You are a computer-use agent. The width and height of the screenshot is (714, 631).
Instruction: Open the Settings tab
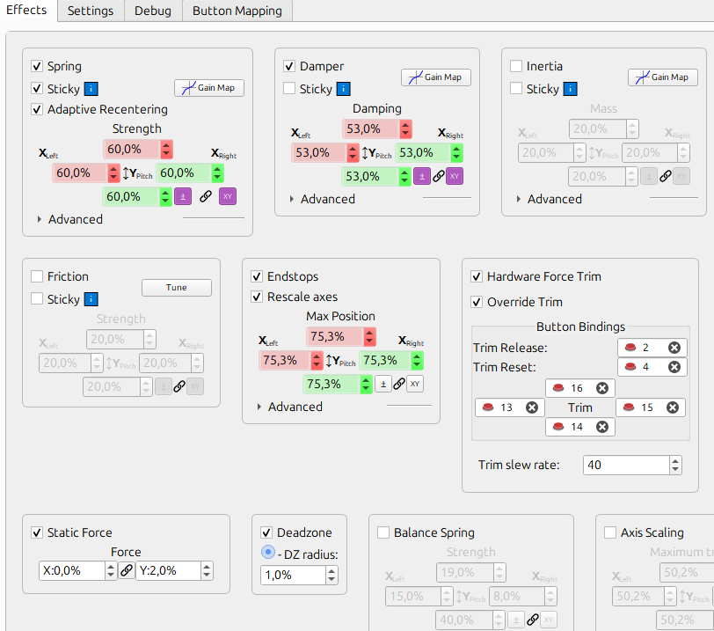point(91,11)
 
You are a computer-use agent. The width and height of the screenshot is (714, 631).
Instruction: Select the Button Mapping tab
point(237,11)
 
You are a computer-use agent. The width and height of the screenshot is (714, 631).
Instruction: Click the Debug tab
point(153,11)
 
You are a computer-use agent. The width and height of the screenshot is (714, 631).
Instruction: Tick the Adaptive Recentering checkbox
point(37,110)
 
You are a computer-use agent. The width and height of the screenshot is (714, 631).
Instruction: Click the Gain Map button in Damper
point(436,77)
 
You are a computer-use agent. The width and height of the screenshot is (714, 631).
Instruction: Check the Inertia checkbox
point(517,66)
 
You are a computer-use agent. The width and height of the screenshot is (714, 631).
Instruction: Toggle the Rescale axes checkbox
point(258,297)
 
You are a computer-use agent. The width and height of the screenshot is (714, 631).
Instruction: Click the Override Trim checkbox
point(477,302)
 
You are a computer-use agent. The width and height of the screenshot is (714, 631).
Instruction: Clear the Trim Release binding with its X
point(674,348)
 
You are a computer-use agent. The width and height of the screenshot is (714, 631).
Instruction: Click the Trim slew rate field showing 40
point(624,465)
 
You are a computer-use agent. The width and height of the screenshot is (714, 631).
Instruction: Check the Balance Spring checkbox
point(383,532)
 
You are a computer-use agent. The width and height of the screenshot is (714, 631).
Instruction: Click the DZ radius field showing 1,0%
point(293,575)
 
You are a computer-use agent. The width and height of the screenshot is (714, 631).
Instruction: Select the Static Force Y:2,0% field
point(167,570)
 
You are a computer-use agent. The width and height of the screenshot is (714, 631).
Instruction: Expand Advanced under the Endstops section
point(260,407)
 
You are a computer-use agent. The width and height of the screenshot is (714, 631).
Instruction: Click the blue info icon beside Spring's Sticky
point(91,89)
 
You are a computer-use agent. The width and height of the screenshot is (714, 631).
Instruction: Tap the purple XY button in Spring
point(228,196)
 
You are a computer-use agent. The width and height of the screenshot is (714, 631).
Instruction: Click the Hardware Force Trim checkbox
point(477,276)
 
